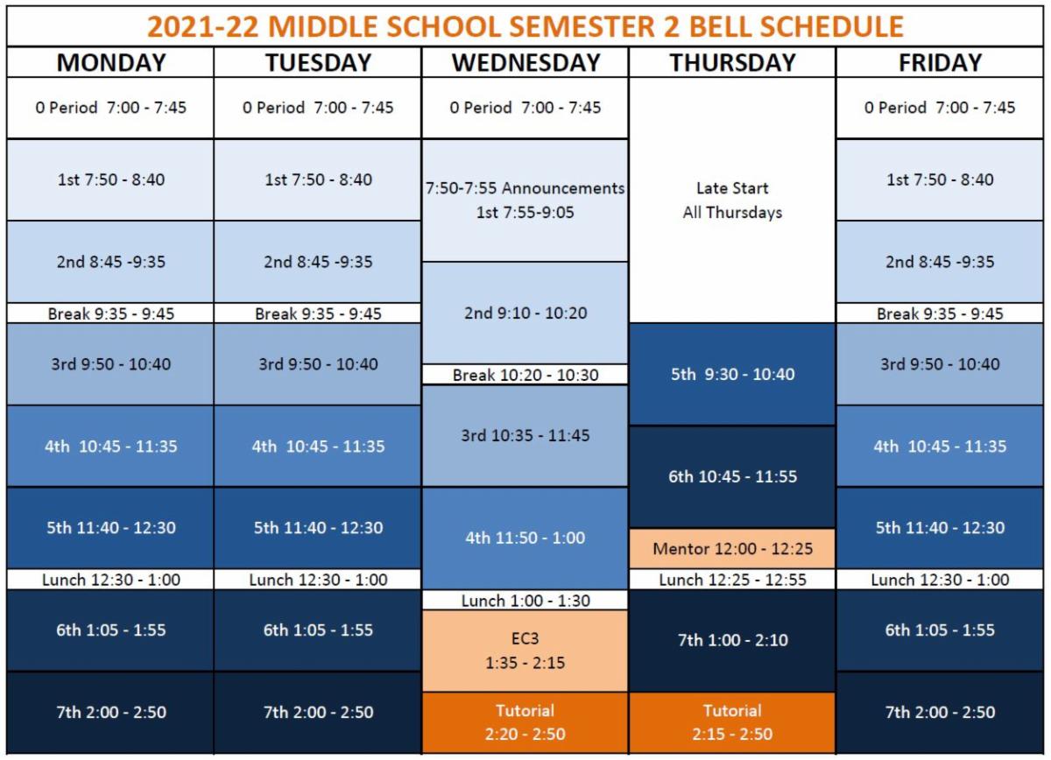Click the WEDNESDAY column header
coord(525,63)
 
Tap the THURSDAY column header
coord(732,63)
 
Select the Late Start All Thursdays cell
coord(732,200)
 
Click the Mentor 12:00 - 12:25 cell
coord(732,549)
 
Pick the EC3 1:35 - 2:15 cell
coord(525,651)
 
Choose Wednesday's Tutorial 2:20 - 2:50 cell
coord(525,722)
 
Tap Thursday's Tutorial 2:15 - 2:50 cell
coord(732,722)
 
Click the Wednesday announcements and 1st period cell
coord(525,200)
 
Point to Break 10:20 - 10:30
coord(525,375)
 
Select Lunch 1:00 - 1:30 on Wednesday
coord(525,601)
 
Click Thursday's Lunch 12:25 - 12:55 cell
coord(732,580)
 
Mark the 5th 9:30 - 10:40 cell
coord(732,374)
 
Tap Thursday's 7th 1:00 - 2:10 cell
coord(732,640)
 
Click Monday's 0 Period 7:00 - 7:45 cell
coord(110,108)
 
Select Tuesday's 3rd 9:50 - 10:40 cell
coord(318,364)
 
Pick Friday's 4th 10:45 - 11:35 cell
coord(940,446)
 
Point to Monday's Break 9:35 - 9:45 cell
coord(110,313)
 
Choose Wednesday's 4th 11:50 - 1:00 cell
coord(525,538)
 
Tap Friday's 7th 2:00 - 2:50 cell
coord(940,712)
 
